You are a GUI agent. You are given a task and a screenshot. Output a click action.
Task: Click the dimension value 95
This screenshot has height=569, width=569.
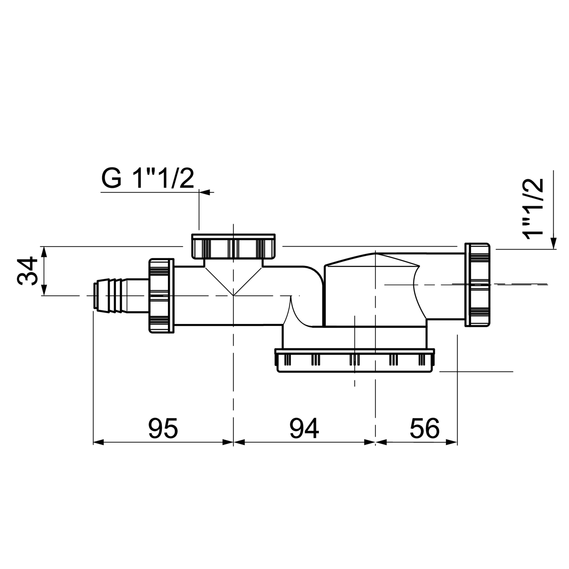163,428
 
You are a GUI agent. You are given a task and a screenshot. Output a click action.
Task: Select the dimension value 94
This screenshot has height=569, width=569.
304,428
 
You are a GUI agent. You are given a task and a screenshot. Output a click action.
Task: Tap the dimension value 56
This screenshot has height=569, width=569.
424,428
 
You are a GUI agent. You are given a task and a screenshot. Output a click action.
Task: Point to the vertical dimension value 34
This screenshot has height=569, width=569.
27,271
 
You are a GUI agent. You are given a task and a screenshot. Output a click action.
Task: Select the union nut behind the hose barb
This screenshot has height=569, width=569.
161,296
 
